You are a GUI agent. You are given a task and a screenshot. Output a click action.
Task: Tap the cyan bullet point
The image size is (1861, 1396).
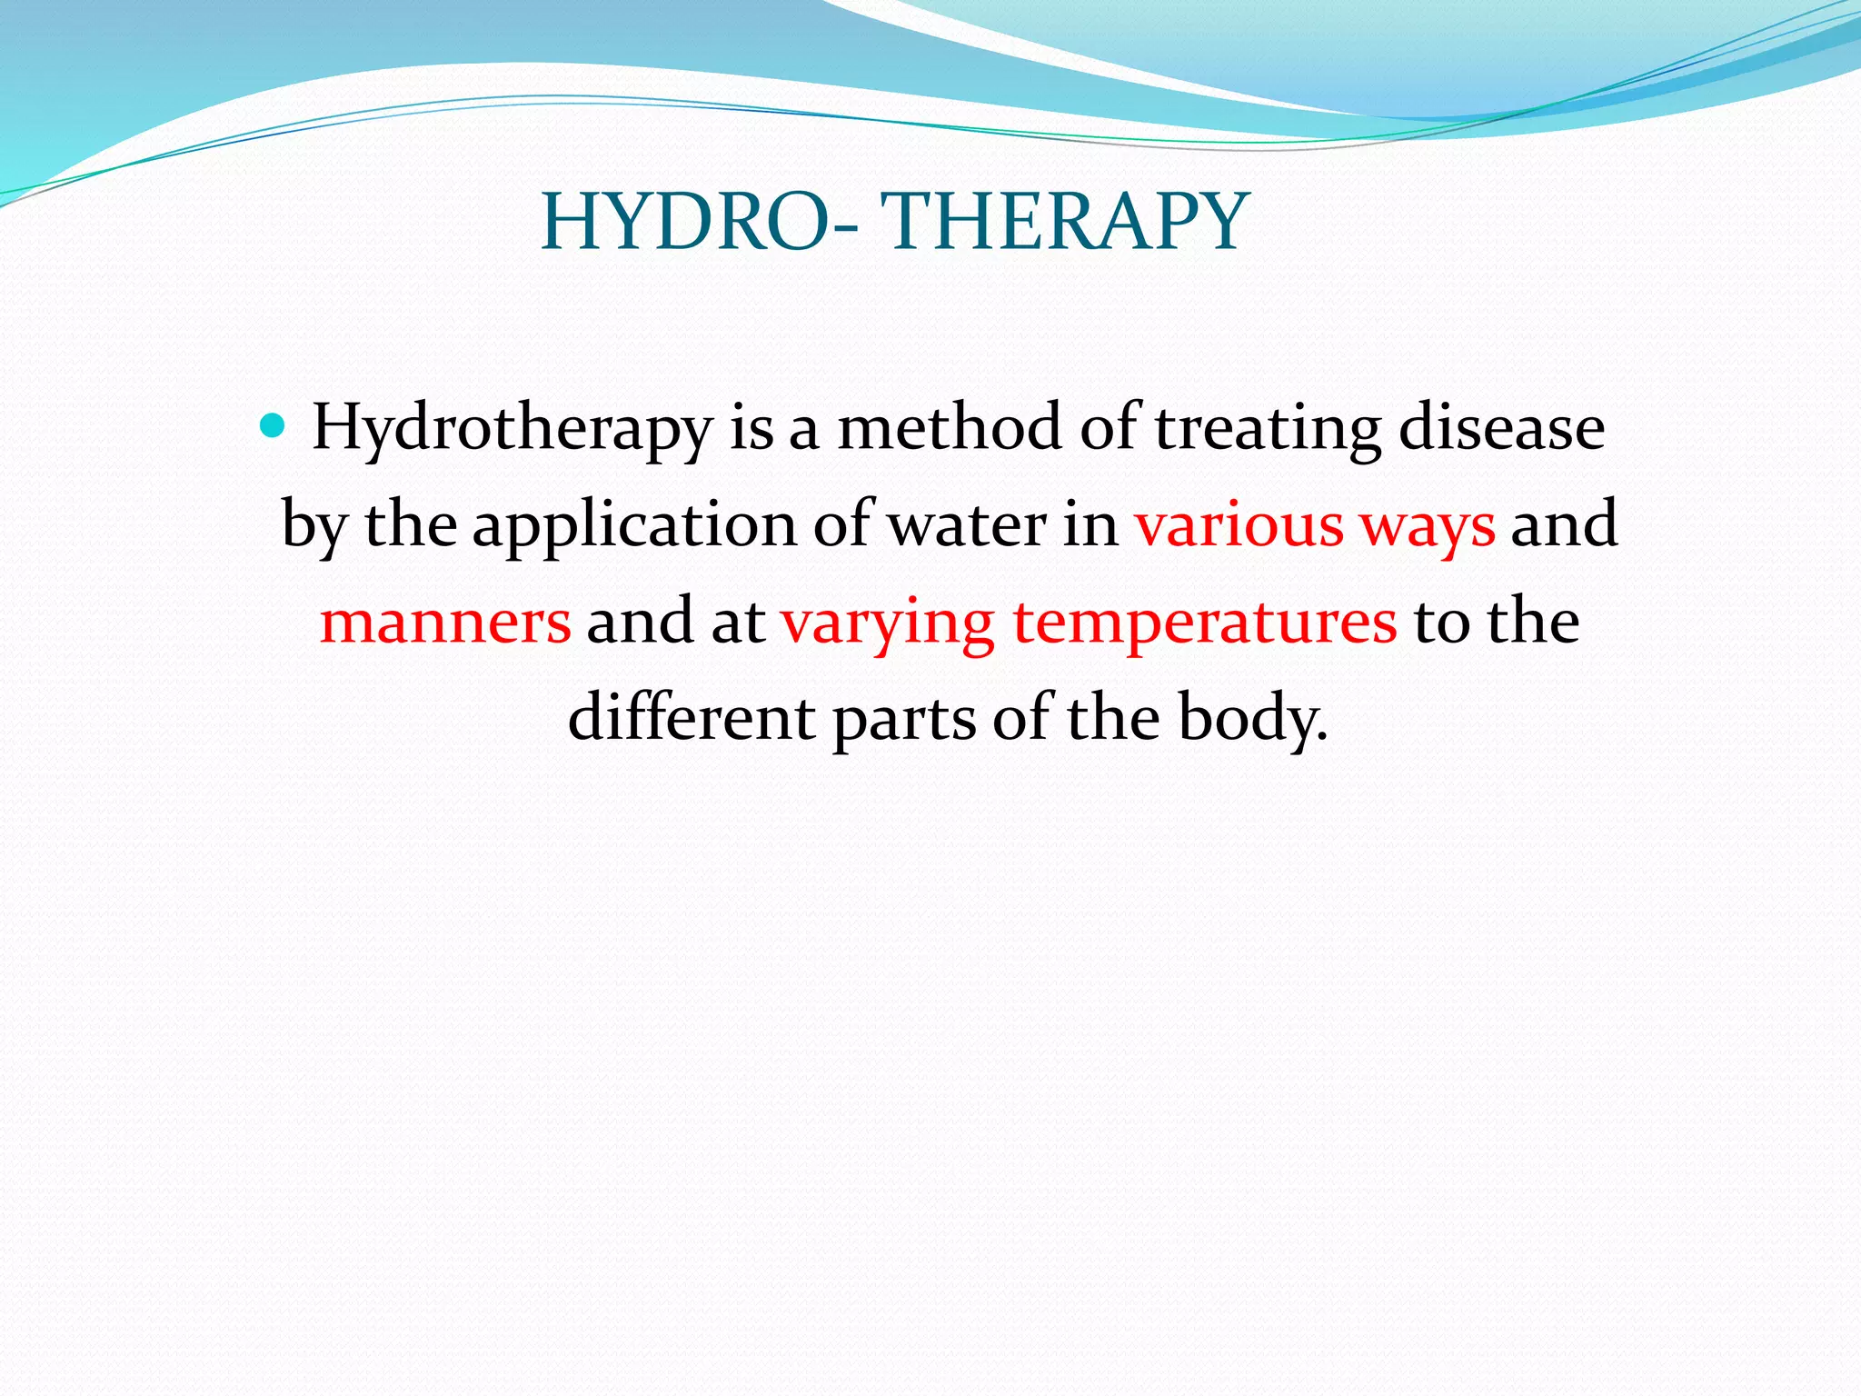(272, 424)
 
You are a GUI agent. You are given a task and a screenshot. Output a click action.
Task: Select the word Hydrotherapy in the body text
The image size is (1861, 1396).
(512, 429)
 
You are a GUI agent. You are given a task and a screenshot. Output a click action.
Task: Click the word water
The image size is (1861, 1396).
(967, 525)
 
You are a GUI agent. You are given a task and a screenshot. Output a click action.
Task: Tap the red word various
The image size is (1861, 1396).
(1239, 525)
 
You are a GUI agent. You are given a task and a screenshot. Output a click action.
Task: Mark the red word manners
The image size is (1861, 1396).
(445, 623)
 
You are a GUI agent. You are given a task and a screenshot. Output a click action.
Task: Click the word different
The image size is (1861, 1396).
(692, 718)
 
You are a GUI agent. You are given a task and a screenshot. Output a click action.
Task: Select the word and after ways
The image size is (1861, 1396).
(1563, 525)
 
